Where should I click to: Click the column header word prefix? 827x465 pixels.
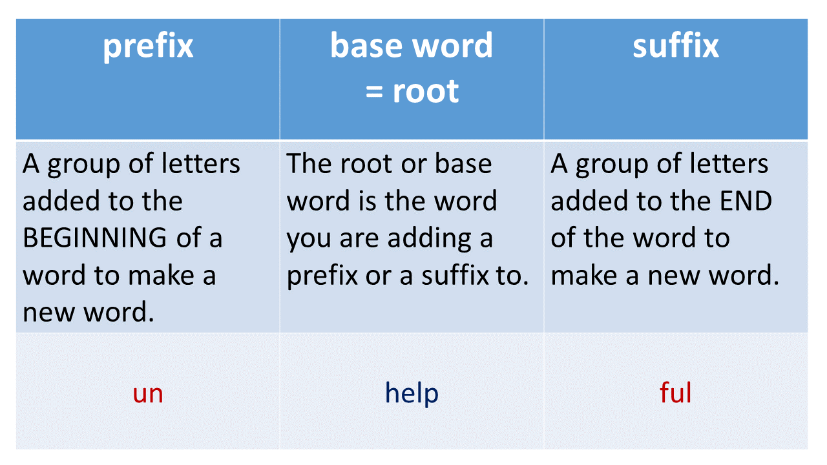[148, 46]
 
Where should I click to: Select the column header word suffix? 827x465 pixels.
[675, 46]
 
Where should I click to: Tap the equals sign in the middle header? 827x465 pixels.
[375, 91]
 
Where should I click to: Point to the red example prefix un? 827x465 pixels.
[148, 393]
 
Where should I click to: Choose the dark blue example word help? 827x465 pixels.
[412, 393]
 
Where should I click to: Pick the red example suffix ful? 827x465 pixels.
[675, 393]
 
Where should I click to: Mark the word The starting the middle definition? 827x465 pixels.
[309, 164]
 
